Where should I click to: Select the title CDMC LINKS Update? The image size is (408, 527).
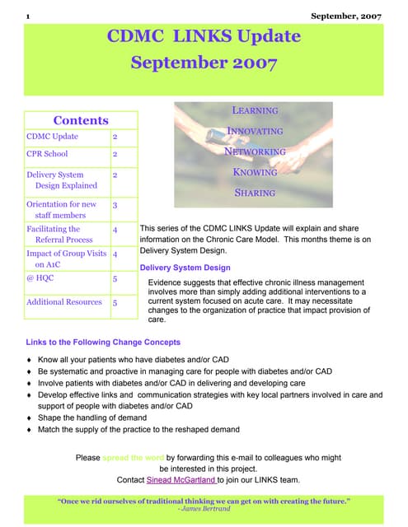click(x=204, y=36)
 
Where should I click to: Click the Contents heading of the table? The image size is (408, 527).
click(x=80, y=120)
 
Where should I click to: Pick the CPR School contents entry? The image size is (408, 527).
click(x=48, y=154)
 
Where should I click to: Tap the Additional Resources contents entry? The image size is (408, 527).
click(x=64, y=302)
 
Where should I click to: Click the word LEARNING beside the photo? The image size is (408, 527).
click(x=255, y=110)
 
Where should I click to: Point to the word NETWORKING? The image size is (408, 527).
click(x=255, y=152)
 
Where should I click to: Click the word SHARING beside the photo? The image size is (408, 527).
click(x=255, y=193)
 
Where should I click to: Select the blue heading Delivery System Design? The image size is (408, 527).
click(x=185, y=268)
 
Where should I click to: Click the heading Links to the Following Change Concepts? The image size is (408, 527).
click(x=103, y=343)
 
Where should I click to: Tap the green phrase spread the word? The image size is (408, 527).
click(x=133, y=456)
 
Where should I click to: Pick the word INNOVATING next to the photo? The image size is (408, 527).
click(x=255, y=131)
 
